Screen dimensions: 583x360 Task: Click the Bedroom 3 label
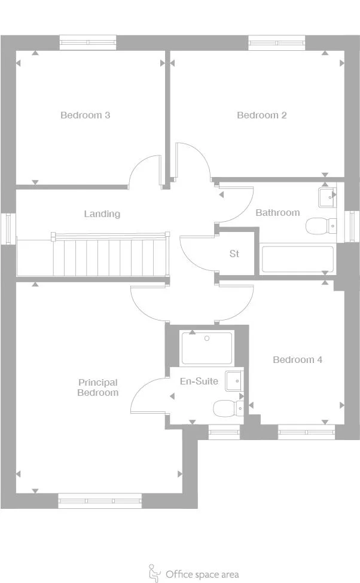85,115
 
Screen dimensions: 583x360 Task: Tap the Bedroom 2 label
261,115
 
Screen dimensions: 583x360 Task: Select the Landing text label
102,213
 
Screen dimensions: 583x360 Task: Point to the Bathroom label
277,212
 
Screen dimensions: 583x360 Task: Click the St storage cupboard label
234,254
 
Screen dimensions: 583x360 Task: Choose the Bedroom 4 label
297,359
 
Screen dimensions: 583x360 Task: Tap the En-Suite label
199,381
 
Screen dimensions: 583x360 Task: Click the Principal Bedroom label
97,387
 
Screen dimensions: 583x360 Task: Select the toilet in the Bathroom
321,226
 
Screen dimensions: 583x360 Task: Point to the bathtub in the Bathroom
297,259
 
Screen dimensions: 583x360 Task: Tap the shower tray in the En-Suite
206,348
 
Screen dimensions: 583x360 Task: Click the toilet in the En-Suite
227,408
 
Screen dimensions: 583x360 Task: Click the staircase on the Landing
108,256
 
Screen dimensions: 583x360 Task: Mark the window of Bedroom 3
88,42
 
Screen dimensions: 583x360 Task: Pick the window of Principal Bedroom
100,501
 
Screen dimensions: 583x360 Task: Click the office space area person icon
154,573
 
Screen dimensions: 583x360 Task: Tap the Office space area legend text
202,575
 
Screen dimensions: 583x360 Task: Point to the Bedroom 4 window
306,431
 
